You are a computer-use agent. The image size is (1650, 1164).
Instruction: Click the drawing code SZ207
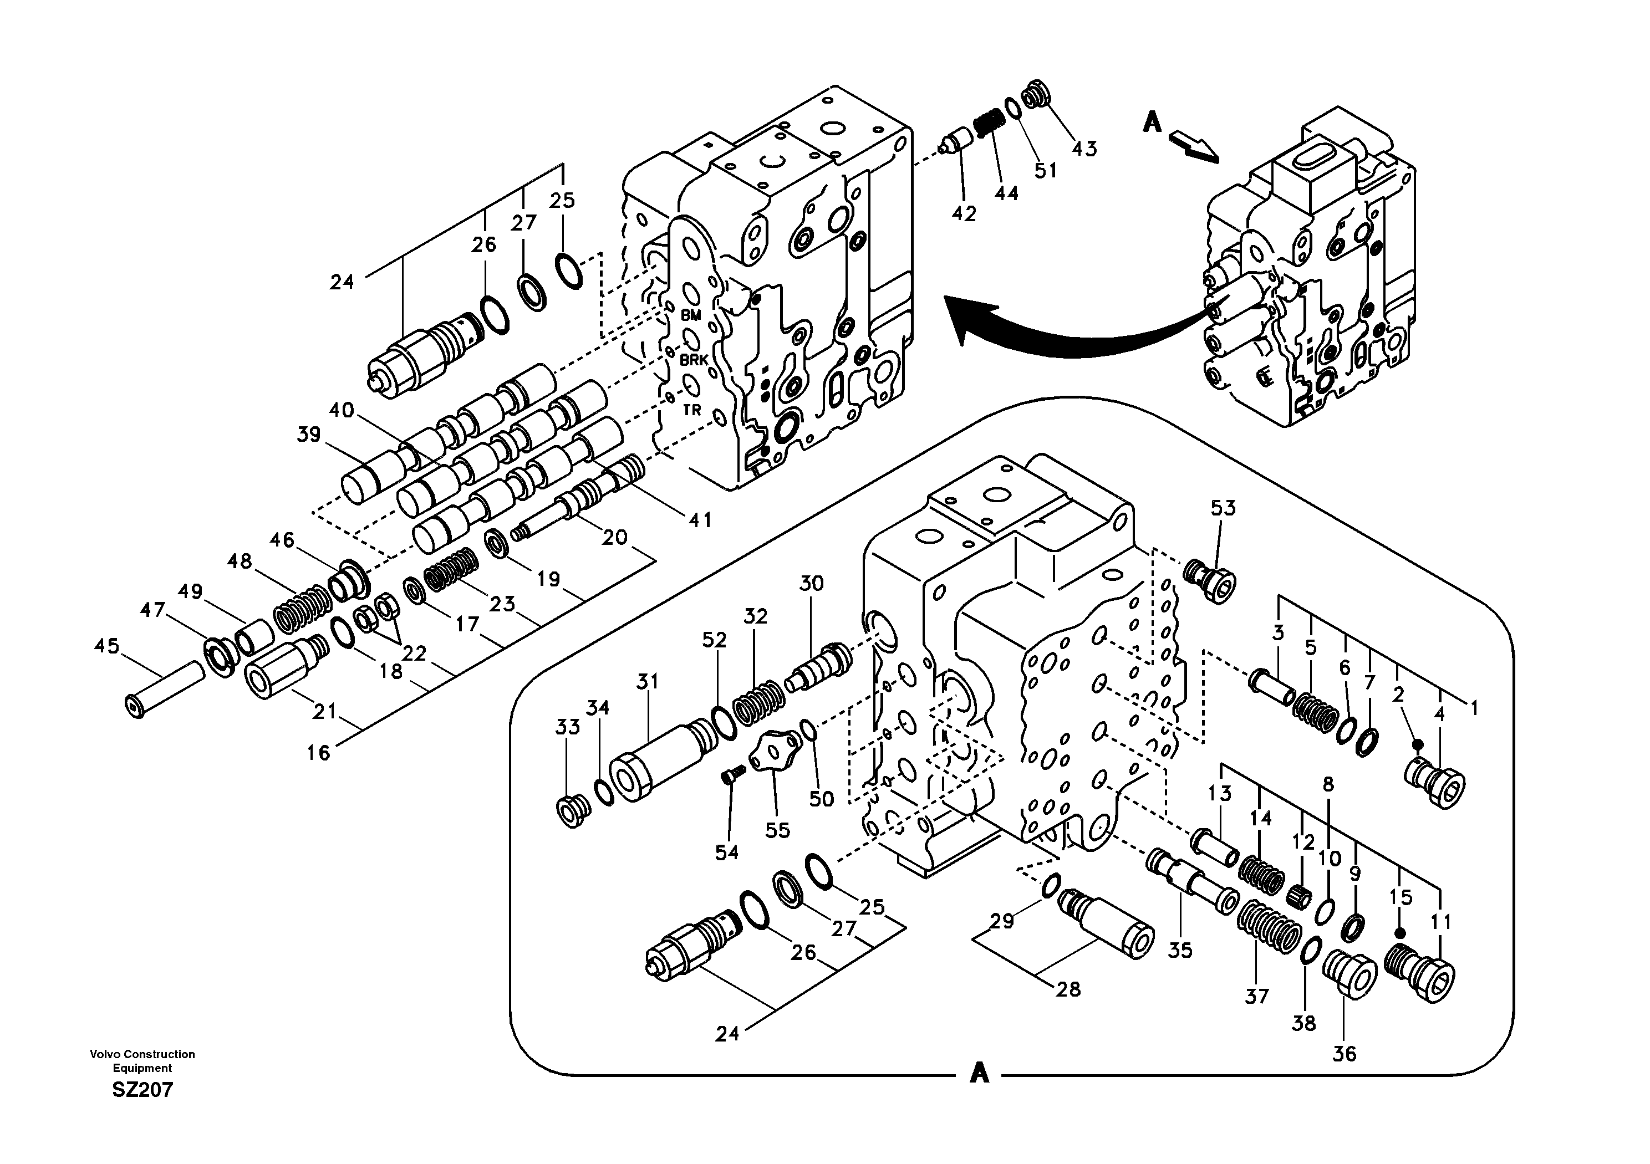142,1090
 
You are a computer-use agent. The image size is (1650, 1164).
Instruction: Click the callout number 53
1223,508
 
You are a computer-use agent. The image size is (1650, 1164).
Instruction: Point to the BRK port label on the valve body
694,360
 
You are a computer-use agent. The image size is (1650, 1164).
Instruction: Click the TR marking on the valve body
691,410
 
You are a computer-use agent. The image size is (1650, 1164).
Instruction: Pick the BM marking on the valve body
691,315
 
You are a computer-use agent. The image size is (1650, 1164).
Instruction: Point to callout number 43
1084,149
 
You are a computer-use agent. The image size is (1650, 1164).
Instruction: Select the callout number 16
318,753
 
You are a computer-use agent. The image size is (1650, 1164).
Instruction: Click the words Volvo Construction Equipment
142,1060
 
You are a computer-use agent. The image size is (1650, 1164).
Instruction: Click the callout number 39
308,435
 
